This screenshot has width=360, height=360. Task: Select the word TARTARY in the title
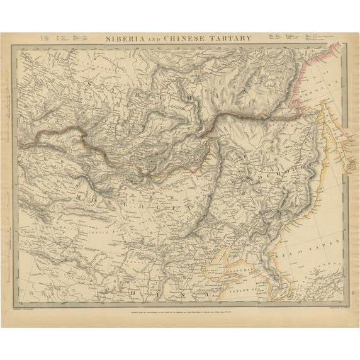point(232,38)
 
